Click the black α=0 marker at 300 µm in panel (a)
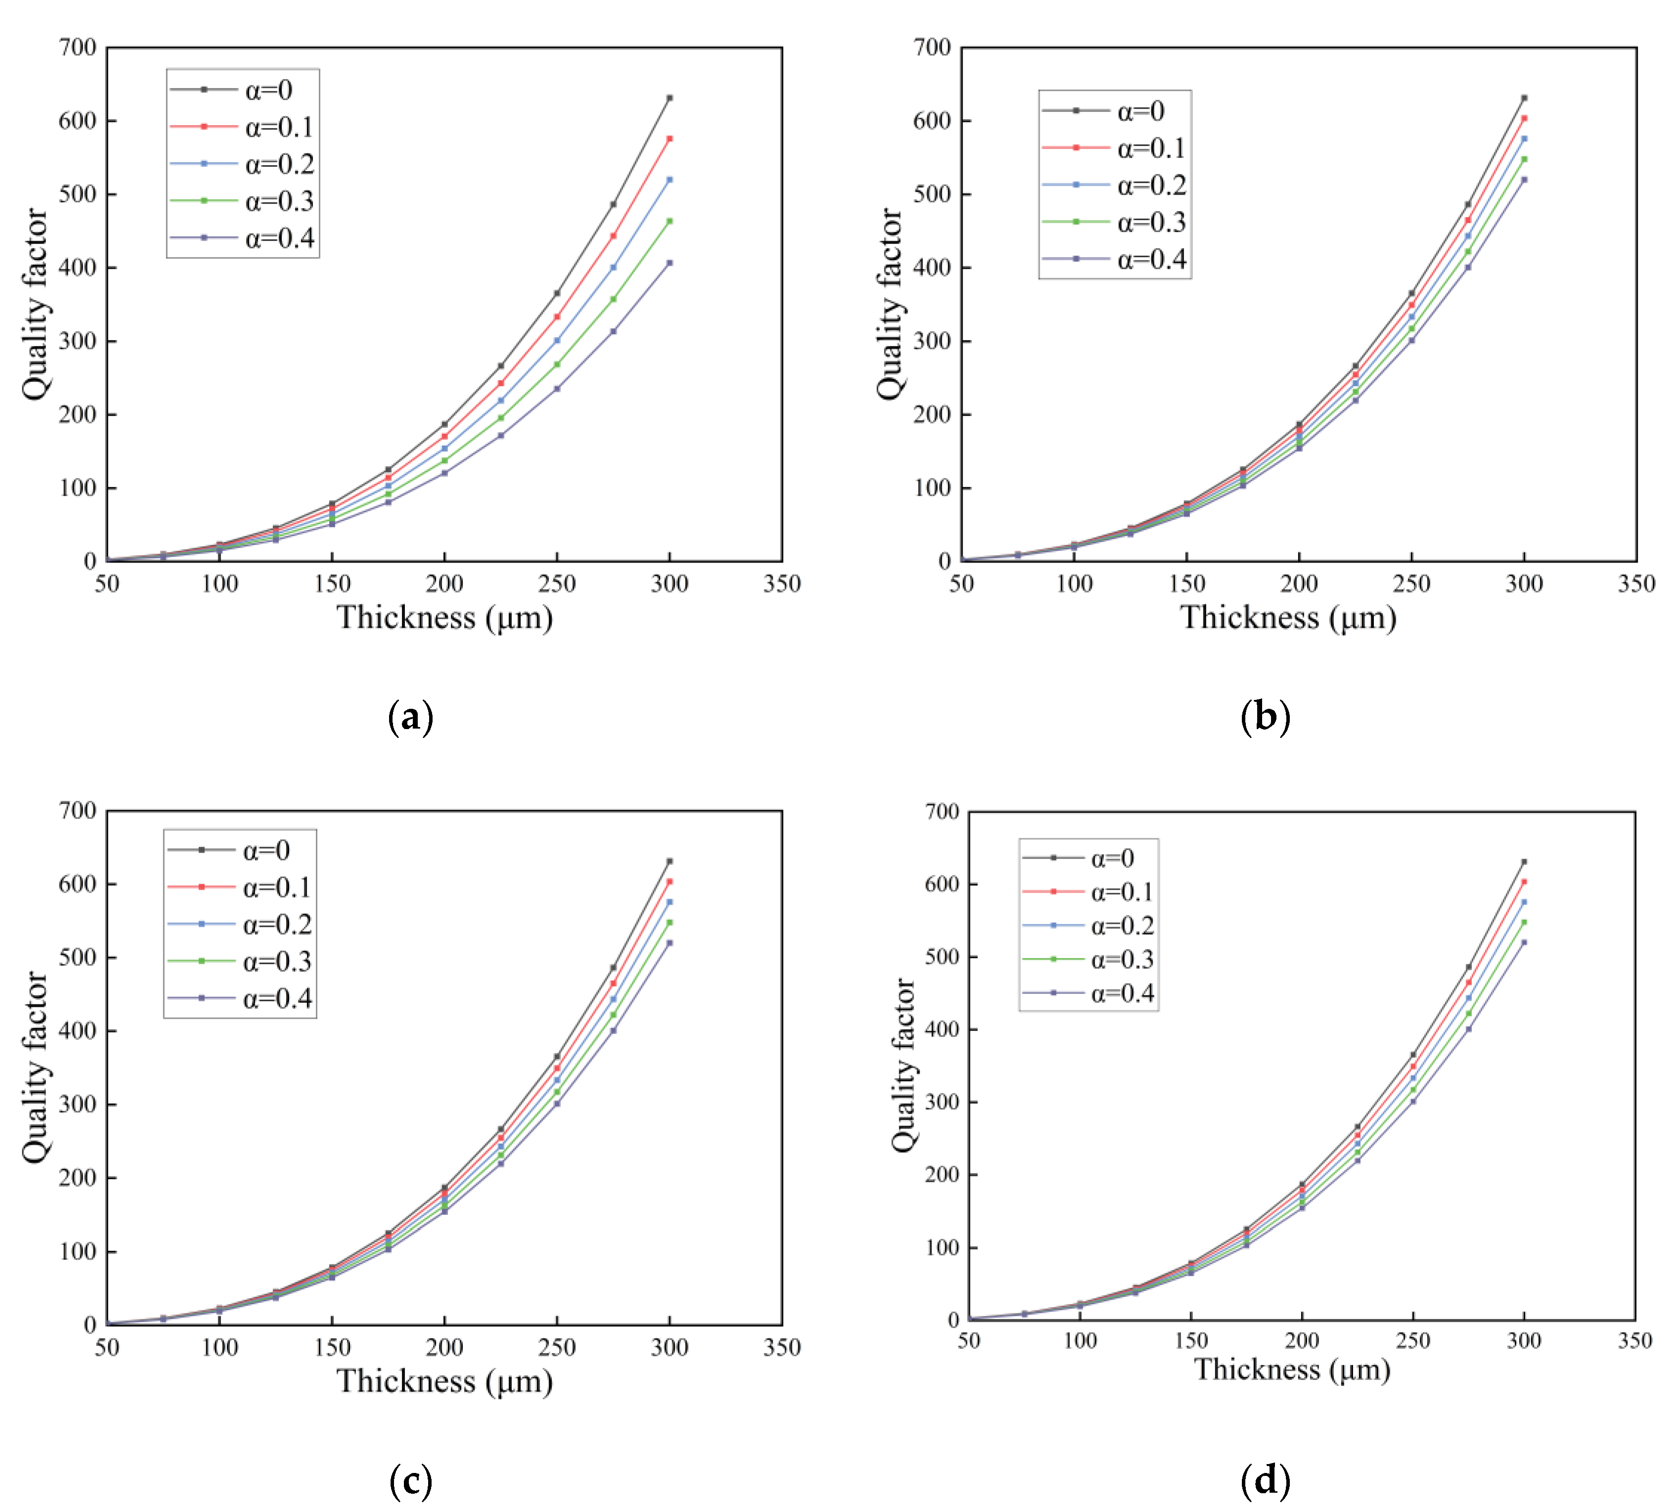(x=669, y=97)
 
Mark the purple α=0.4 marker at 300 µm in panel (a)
(x=669, y=263)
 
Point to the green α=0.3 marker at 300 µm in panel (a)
(x=669, y=221)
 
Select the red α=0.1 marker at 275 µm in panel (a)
(x=613, y=236)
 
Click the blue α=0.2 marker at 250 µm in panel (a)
(x=557, y=340)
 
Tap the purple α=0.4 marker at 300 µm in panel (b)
(x=1524, y=179)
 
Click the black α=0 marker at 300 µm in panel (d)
(x=1524, y=862)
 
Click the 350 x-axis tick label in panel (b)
(x=1636, y=584)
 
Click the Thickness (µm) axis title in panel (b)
(x=1288, y=618)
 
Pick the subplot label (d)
(x=1265, y=1480)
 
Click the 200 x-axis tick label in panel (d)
(x=1302, y=1341)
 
